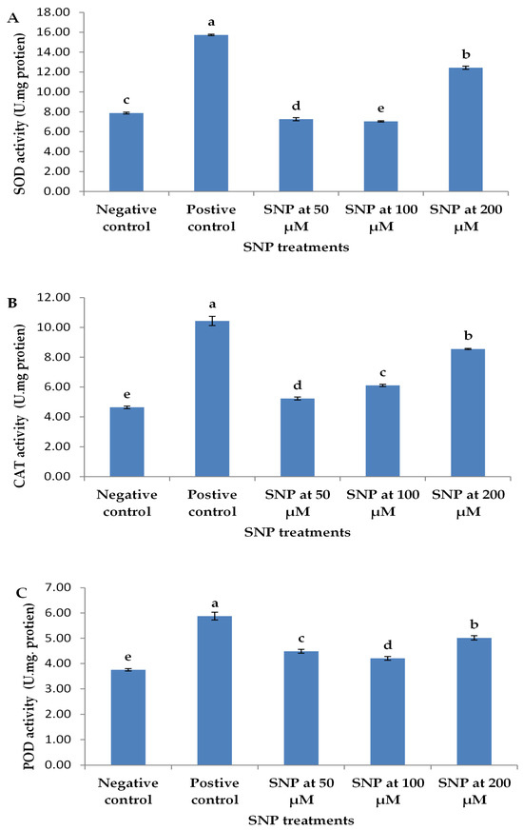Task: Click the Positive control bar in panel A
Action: pyautogui.click(x=211, y=112)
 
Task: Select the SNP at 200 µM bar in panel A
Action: pyautogui.click(x=465, y=129)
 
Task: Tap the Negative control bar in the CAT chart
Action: pyautogui.click(x=126, y=442)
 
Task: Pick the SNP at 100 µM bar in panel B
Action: pyautogui.click(x=382, y=431)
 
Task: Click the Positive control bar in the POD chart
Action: pyautogui.click(x=214, y=690)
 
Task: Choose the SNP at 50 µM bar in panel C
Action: pyautogui.click(x=300, y=708)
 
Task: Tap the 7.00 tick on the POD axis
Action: pyautogui.click(x=59, y=587)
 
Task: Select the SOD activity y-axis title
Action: pyautogui.click(x=20, y=114)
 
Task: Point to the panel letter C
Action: pyautogui.click(x=22, y=593)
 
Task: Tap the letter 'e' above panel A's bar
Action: pyautogui.click(x=380, y=109)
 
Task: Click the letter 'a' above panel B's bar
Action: pyautogui.click(x=213, y=305)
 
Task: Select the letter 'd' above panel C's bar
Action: pyautogui.click(x=388, y=644)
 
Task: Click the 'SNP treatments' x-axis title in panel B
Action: pyautogui.click(x=298, y=532)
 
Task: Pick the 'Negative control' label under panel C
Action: pyautogui.click(x=128, y=791)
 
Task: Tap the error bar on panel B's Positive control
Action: pyautogui.click(x=213, y=322)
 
